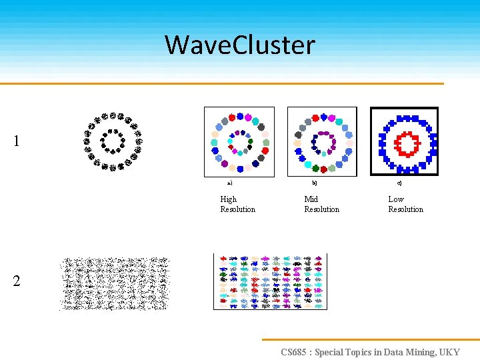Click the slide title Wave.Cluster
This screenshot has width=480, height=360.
(x=240, y=45)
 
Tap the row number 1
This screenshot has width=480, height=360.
(x=17, y=141)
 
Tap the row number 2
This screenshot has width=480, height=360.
(x=17, y=281)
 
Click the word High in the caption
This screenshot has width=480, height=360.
(x=228, y=199)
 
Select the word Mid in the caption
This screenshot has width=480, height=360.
(x=311, y=199)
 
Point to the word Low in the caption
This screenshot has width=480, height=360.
(x=396, y=199)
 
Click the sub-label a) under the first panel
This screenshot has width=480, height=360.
(x=229, y=183)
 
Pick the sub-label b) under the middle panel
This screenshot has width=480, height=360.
(x=315, y=182)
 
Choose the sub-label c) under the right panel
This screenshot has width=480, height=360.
(x=399, y=183)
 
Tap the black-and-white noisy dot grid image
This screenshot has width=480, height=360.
(x=115, y=284)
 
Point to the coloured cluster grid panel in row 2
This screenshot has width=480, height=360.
(x=270, y=281)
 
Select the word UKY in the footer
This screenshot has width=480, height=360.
(x=449, y=352)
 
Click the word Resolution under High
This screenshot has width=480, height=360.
(x=237, y=209)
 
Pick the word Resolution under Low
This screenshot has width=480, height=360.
(x=405, y=209)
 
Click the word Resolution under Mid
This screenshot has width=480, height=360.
(x=321, y=209)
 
